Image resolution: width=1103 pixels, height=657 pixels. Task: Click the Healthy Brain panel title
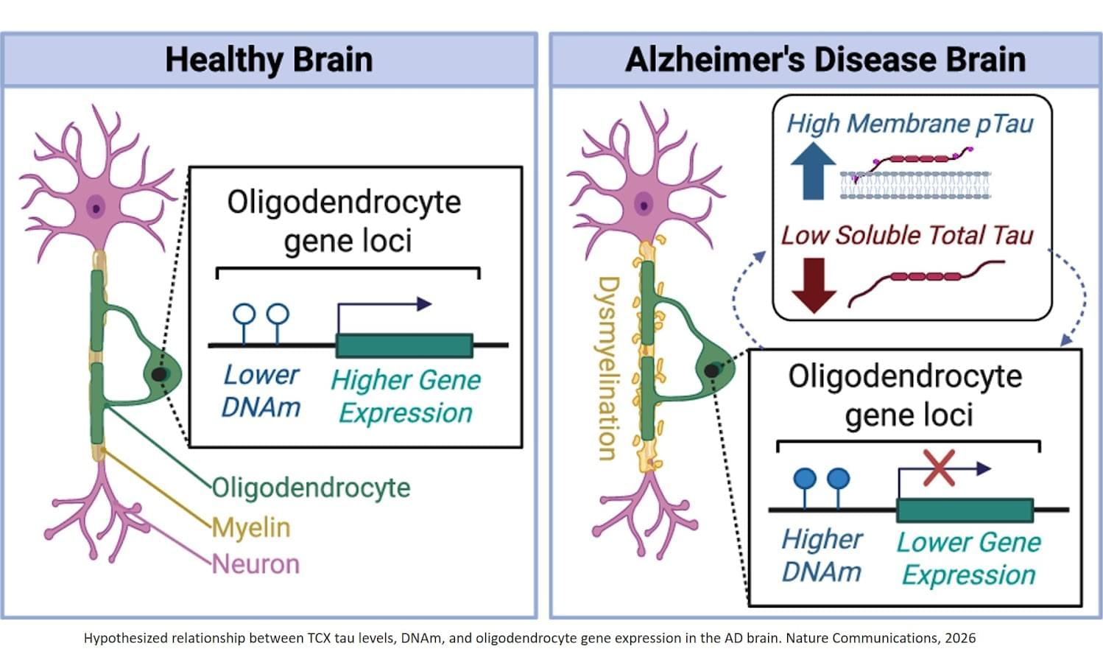pyautogui.click(x=269, y=60)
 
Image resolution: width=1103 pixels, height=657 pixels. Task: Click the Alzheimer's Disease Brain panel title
pyautogui.click(x=825, y=60)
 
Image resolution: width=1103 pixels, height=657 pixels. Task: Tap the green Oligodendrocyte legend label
pyautogui.click(x=311, y=488)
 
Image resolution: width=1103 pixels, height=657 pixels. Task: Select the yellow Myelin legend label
pyautogui.click(x=251, y=527)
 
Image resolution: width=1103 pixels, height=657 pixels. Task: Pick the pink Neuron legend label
pyautogui.click(x=256, y=564)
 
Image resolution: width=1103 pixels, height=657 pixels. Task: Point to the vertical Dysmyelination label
pyautogui.click(x=608, y=368)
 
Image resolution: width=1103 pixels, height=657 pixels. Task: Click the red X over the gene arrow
pyautogui.click(x=939, y=468)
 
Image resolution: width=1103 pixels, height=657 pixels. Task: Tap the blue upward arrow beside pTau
pyautogui.click(x=813, y=170)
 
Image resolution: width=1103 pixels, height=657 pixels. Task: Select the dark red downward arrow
pyautogui.click(x=813, y=286)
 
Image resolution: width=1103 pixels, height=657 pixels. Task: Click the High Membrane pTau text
pyautogui.click(x=910, y=123)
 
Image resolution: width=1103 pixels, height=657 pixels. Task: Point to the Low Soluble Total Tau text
pyautogui.click(x=907, y=235)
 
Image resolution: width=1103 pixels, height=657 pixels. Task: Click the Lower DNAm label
pyautogui.click(x=261, y=390)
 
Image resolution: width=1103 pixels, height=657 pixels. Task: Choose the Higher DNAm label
pyautogui.click(x=821, y=555)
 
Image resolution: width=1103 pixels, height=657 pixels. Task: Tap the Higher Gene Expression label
pyautogui.click(x=406, y=396)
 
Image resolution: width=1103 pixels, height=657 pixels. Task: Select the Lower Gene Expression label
pyautogui.click(x=968, y=558)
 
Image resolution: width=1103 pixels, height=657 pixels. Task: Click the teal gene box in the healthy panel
pyautogui.click(x=404, y=345)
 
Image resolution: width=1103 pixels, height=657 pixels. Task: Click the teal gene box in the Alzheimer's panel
pyautogui.click(x=965, y=510)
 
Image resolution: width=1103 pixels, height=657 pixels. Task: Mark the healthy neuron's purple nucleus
pyautogui.click(x=96, y=207)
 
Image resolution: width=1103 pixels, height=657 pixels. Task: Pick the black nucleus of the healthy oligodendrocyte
pyautogui.click(x=158, y=374)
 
